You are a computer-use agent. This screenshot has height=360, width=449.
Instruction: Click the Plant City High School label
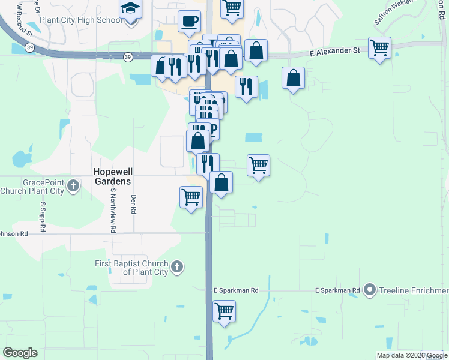click(x=80, y=20)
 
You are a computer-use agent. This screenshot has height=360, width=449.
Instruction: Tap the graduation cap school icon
click(x=131, y=10)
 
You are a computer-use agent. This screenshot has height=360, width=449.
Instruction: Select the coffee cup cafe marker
click(x=190, y=22)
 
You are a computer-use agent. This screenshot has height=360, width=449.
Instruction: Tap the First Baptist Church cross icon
click(x=176, y=266)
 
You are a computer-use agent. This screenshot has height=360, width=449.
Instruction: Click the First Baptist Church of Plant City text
click(x=132, y=268)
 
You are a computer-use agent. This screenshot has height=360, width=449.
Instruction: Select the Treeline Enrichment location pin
click(x=370, y=290)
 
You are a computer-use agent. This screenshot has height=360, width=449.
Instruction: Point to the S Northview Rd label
click(x=112, y=209)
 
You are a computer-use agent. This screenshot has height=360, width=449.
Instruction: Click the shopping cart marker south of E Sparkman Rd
click(x=224, y=311)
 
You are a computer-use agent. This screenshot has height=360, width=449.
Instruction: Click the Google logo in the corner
click(x=20, y=352)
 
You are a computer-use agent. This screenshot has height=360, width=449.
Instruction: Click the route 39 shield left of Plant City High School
click(x=29, y=47)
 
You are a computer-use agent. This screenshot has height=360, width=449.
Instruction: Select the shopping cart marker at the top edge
click(x=232, y=8)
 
